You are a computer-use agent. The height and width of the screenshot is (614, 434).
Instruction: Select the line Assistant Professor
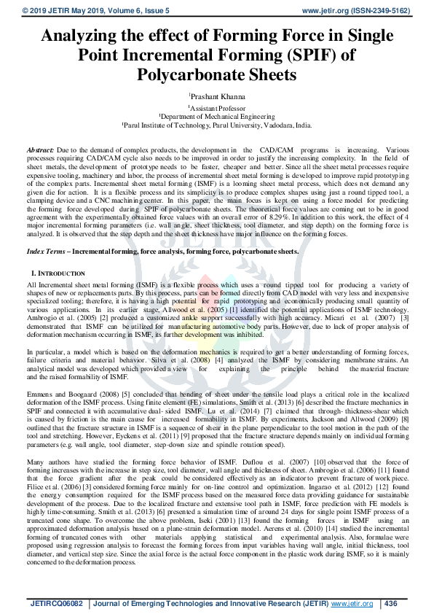pyautogui.click(x=217, y=106)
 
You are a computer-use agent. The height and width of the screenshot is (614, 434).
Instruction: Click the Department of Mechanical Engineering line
pyautogui.click(x=217, y=115)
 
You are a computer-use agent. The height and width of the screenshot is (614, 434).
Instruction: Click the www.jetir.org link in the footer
pyautogui.click(x=352, y=603)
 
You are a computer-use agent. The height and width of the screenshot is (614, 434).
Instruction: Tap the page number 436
pyautogui.click(x=391, y=603)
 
